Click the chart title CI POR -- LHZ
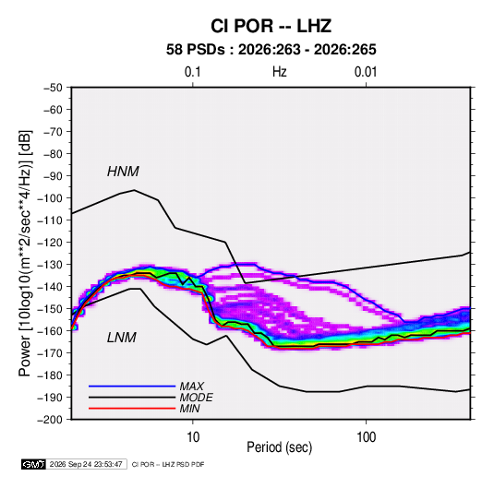(271, 26)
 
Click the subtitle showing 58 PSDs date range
(271, 50)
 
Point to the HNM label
(123, 172)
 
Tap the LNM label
(122, 338)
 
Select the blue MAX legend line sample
(132, 387)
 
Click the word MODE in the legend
(196, 398)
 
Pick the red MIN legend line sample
(132, 409)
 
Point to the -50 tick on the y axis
(53, 88)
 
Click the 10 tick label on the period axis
(193, 437)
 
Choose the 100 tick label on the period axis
(366, 437)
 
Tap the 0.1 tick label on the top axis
(192, 72)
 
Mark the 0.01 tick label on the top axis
(366, 72)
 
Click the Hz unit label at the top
(280, 72)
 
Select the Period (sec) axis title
(280, 447)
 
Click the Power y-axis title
(25, 253)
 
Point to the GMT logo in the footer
(33, 464)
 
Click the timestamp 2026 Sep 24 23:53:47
(86, 464)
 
